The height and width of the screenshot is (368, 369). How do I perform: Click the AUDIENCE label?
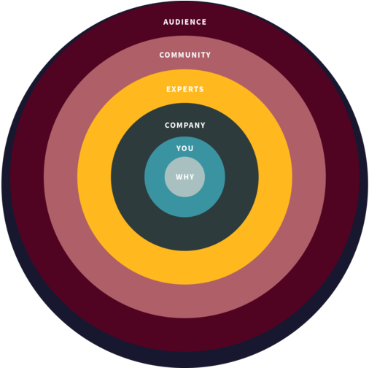(x=184, y=22)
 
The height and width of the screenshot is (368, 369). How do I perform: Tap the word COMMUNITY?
(x=184, y=55)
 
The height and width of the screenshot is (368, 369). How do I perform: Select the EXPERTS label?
(x=184, y=89)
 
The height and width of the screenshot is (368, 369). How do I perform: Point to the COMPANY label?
(x=184, y=125)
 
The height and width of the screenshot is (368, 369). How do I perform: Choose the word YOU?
(x=184, y=148)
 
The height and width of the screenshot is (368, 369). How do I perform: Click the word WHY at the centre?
(x=184, y=177)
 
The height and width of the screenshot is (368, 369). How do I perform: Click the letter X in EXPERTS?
(x=175, y=89)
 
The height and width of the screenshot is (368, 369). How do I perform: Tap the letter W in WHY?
(x=179, y=177)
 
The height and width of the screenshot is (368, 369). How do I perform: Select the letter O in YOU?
(x=184, y=148)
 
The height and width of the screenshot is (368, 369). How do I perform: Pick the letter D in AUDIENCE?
(x=179, y=22)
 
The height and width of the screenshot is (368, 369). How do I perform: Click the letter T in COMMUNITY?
(x=202, y=55)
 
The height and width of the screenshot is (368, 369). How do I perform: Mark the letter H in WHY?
(x=185, y=177)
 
